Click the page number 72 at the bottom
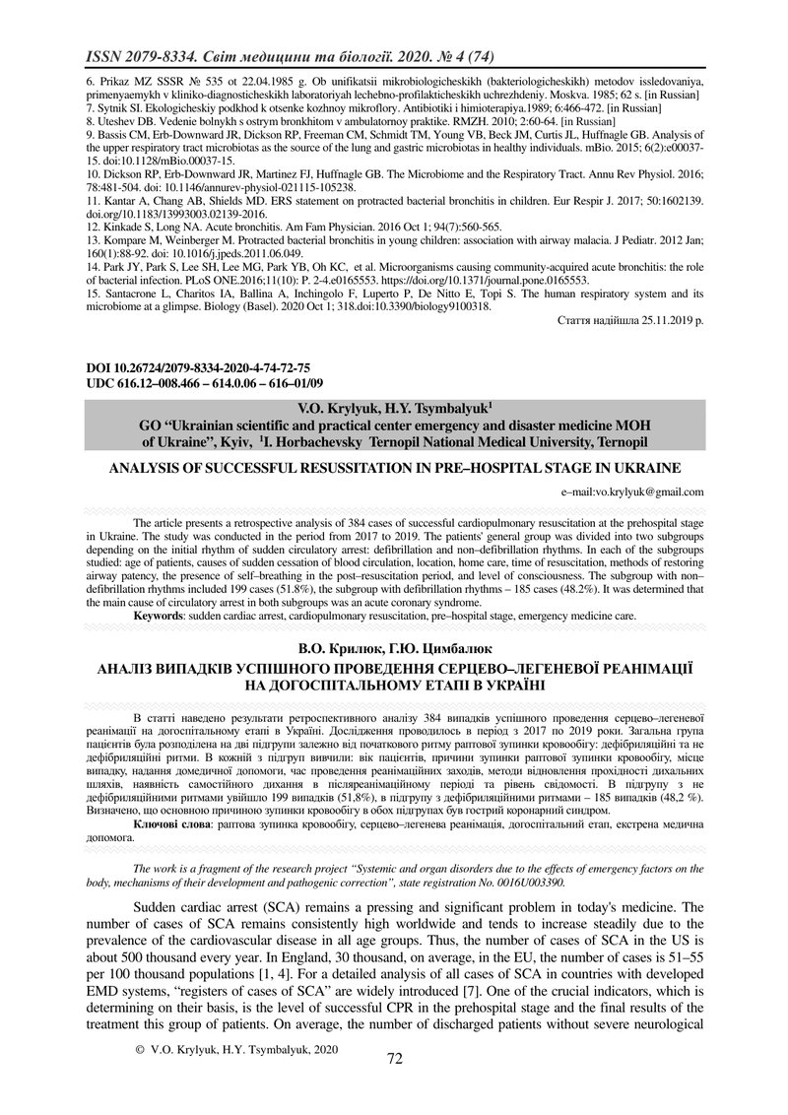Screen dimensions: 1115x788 (x=395, y=1059)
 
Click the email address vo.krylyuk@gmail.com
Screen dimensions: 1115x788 (x=631, y=491)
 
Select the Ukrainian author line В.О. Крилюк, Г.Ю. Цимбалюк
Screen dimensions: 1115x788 (x=394, y=647)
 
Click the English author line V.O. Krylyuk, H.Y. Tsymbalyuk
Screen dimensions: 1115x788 (x=394, y=406)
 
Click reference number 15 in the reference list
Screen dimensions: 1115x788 (x=90, y=292)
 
